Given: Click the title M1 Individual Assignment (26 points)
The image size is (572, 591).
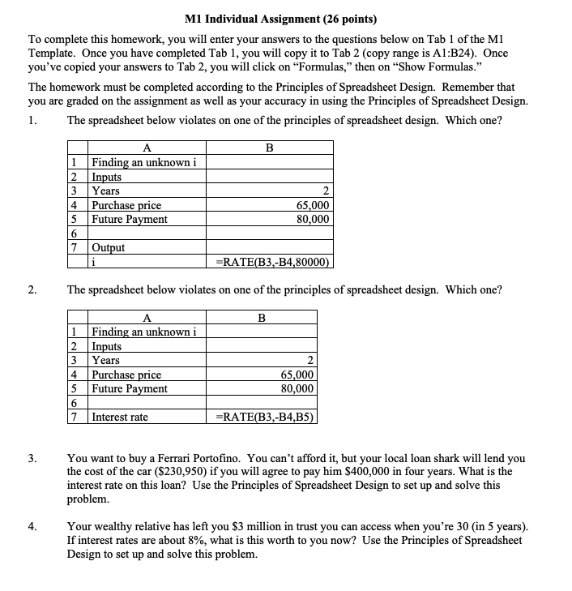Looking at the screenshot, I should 286,19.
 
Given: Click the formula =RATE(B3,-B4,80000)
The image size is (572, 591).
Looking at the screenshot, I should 271,262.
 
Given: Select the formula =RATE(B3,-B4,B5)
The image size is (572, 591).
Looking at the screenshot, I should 263,418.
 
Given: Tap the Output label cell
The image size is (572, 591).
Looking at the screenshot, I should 109,248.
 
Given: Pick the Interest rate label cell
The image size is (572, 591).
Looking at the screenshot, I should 120,418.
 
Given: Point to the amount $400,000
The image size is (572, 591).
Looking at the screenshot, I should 416,472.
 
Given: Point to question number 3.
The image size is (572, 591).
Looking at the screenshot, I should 32,458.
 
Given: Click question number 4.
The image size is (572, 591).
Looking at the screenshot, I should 32,526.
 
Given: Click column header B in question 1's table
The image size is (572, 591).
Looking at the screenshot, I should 269,148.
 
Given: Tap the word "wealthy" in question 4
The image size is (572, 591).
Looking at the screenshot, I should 114,526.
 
